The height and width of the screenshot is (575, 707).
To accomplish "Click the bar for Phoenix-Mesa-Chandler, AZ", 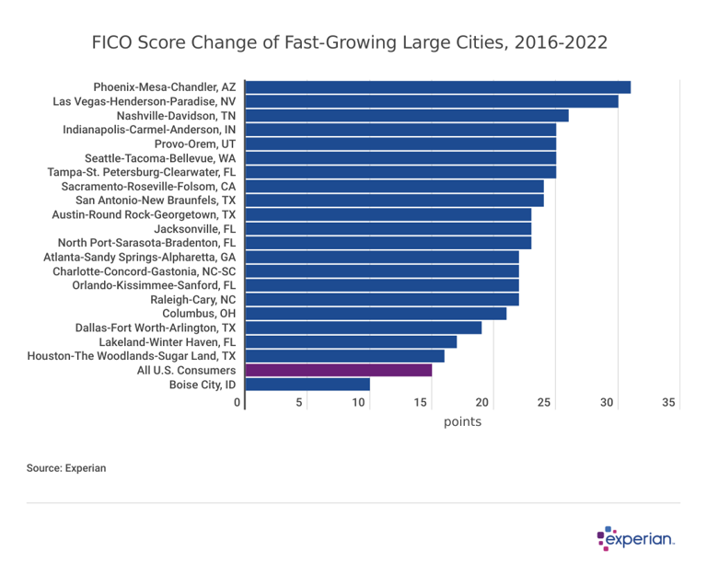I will tap(438, 87).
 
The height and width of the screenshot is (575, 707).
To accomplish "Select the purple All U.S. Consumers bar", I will tap(339, 370).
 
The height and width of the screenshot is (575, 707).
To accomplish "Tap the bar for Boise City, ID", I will tap(307, 385).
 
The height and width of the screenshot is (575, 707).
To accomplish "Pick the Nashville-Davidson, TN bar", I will tap(407, 116).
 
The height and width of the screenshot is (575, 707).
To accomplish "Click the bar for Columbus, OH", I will tap(376, 314).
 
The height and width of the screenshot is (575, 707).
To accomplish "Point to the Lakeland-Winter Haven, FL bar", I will tap(351, 342).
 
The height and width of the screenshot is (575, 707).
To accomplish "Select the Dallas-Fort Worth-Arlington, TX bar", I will tap(364, 328).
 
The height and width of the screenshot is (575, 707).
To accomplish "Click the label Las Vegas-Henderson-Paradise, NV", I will tap(145, 101).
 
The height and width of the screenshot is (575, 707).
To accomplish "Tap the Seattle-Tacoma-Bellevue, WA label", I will tap(160, 158).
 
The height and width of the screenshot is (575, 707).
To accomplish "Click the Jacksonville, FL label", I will tap(194, 229).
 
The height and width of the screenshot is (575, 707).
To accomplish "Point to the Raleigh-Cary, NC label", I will tap(192, 300).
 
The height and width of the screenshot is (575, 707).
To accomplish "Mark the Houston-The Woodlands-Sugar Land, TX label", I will tap(132, 356).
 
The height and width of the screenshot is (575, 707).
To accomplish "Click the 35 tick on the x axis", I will tap(669, 403).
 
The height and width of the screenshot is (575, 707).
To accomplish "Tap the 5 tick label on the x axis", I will tap(299, 403).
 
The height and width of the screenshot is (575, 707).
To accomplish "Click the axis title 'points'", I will tap(462, 422).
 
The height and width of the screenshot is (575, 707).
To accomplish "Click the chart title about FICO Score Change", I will tap(350, 43).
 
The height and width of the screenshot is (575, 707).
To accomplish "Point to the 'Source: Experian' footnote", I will tap(66, 468).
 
